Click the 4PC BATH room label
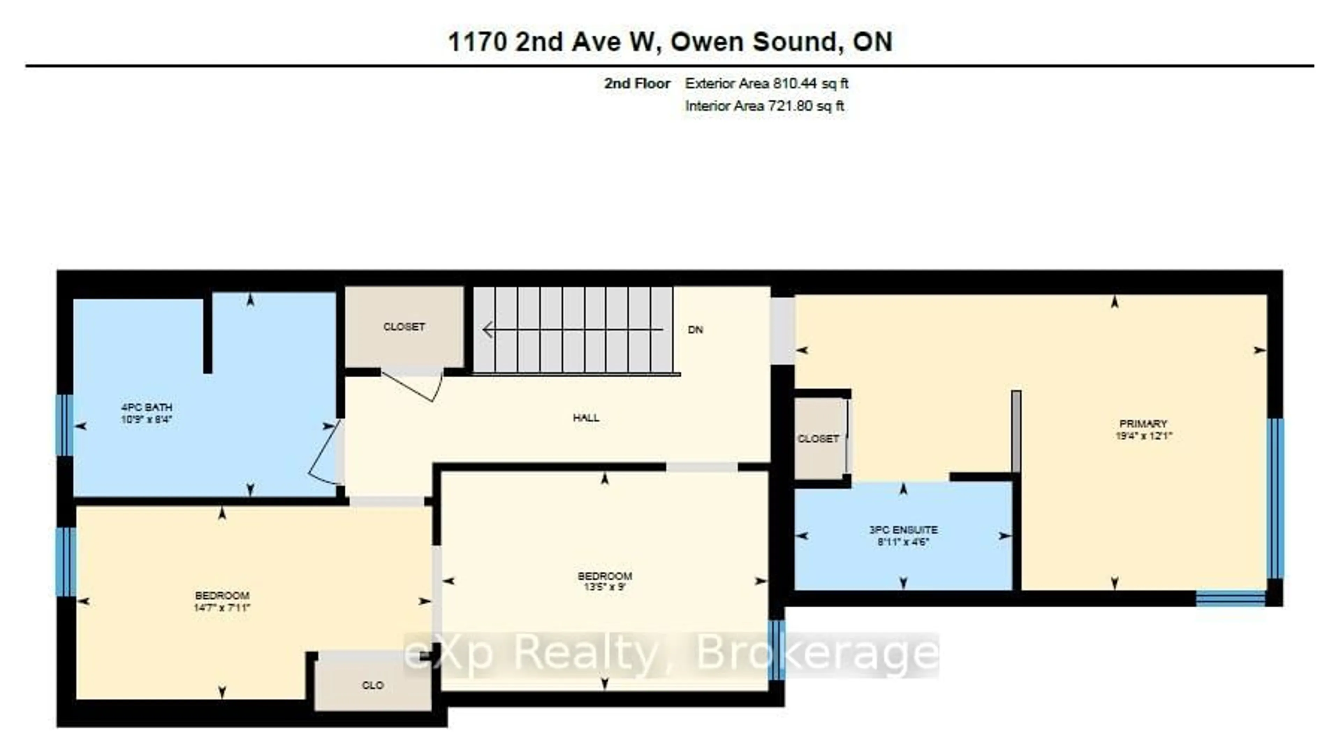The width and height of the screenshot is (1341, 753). pos(146,407)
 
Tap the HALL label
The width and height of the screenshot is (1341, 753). pos(586,418)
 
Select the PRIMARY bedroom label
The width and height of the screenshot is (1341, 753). pos(1143,423)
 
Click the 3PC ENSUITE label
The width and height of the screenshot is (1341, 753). pos(903,530)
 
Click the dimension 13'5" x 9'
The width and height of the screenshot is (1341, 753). pos(604,587)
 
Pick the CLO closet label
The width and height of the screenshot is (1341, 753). pos(373,685)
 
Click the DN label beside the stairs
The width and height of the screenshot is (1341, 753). pos(696,330)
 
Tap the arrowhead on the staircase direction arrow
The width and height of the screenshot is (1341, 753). pos(488,330)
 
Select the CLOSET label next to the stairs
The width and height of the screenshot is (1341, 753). pos(404,327)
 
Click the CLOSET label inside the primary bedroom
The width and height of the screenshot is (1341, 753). pos(818,439)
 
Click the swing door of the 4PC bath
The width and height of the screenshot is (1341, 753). pos(323,453)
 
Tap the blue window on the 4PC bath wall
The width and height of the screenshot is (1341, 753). pos(65,425)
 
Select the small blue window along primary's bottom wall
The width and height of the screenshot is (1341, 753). pos(1231,598)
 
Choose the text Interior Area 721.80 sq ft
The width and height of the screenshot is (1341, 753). pos(764,106)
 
